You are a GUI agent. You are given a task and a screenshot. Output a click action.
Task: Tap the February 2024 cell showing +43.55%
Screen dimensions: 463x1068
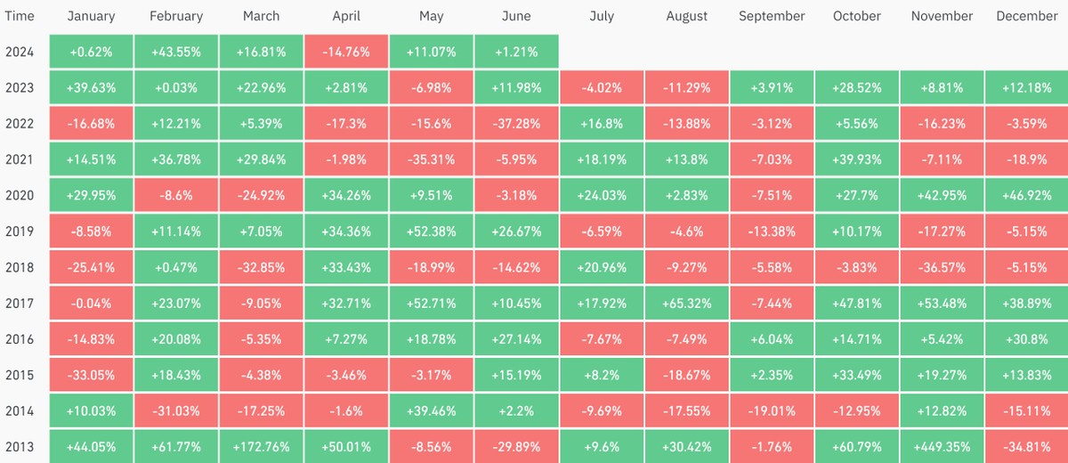coord(176,52)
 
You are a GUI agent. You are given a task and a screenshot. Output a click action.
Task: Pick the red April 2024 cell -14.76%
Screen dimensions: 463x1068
coord(345,52)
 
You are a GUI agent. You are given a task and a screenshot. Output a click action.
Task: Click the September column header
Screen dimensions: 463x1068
coord(772,16)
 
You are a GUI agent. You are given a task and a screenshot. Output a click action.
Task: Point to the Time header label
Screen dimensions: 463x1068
coord(20,16)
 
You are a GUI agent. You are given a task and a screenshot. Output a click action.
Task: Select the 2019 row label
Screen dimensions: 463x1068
coord(20,231)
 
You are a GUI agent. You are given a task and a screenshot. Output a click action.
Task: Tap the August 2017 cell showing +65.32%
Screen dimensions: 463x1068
coord(686,303)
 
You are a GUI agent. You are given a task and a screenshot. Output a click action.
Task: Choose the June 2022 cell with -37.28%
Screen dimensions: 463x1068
coord(516,124)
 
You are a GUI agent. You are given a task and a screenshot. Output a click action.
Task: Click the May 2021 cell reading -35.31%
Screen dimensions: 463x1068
coord(431,159)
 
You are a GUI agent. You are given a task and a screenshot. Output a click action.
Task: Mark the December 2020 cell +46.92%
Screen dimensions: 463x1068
coord(1026,195)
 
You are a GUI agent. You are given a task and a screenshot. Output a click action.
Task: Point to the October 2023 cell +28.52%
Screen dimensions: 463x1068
coord(856,87)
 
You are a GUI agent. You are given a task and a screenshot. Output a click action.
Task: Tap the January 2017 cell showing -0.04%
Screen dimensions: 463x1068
coord(91,303)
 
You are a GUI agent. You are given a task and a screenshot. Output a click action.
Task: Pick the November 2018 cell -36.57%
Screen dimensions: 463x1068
coord(942,267)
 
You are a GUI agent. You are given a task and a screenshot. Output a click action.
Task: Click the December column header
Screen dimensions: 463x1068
coord(1026,16)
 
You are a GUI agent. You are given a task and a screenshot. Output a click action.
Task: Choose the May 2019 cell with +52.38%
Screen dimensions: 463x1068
coord(431,231)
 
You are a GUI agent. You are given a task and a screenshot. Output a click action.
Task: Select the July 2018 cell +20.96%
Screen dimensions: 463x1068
coord(601,267)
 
